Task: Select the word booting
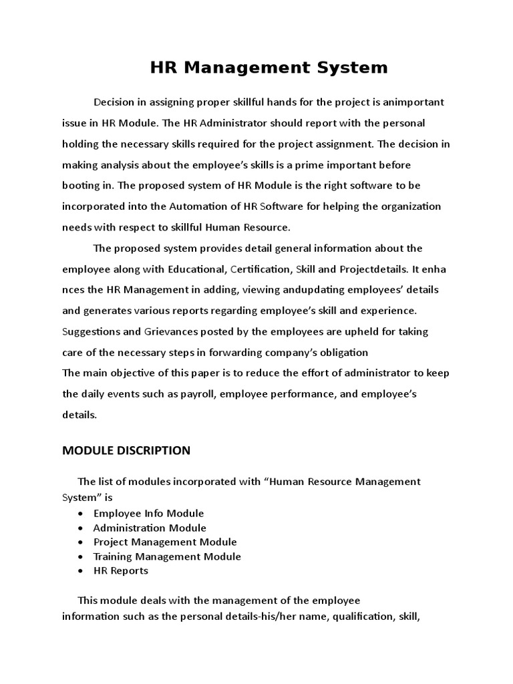[x=81, y=185]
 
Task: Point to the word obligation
[x=340, y=352]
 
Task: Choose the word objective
[x=135, y=373]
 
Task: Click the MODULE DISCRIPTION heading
[x=126, y=450]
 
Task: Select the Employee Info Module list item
[x=148, y=513]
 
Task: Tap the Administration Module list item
[x=150, y=528]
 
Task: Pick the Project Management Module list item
[x=165, y=542]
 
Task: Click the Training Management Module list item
[x=167, y=556]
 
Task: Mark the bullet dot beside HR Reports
[x=80, y=571]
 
